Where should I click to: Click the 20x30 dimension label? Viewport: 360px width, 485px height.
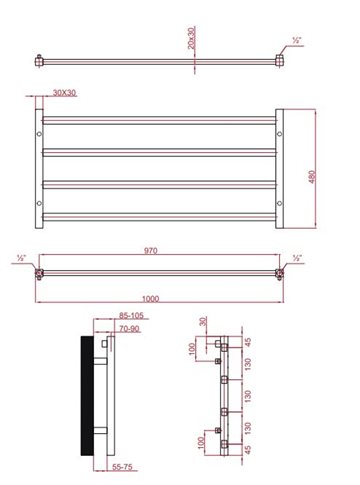click(191, 38)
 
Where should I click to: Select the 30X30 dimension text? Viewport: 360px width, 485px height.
click(65, 93)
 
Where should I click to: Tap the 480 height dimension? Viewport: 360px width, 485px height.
click(312, 177)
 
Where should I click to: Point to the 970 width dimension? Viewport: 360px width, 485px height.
click(151, 250)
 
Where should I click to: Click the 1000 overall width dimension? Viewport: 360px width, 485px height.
click(151, 298)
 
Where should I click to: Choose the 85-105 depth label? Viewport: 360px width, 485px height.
click(131, 315)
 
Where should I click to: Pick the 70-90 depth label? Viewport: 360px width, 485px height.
click(129, 329)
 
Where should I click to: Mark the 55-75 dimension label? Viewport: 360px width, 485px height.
click(122, 467)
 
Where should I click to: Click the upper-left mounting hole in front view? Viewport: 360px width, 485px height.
click(39, 134)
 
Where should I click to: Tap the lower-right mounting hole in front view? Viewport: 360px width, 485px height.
click(279, 203)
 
